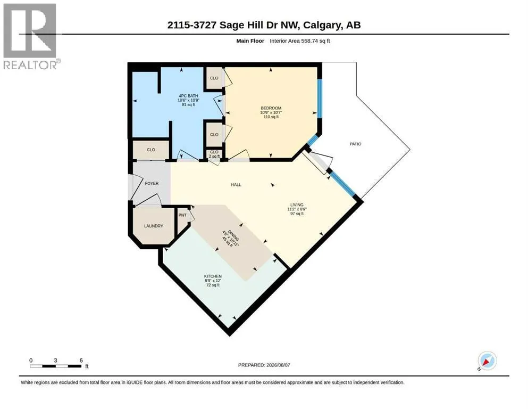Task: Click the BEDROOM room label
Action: tap(271, 108)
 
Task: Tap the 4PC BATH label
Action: tap(188, 96)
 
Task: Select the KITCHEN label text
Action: tap(213, 276)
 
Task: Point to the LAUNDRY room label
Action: tap(154, 226)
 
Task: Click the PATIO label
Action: tap(355, 144)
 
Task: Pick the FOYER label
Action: tap(152, 183)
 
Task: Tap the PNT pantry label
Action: tap(182, 215)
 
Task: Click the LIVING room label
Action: tap(297, 204)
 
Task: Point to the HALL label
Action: tap(236, 185)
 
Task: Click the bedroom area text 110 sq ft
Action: tap(271, 117)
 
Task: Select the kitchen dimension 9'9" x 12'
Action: tap(213, 281)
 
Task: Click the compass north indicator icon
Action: tap(487, 361)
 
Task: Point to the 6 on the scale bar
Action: tap(81, 361)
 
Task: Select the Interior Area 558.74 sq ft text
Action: tap(300, 41)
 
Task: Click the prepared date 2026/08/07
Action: tap(278, 365)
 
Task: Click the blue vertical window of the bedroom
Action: tap(320, 99)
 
